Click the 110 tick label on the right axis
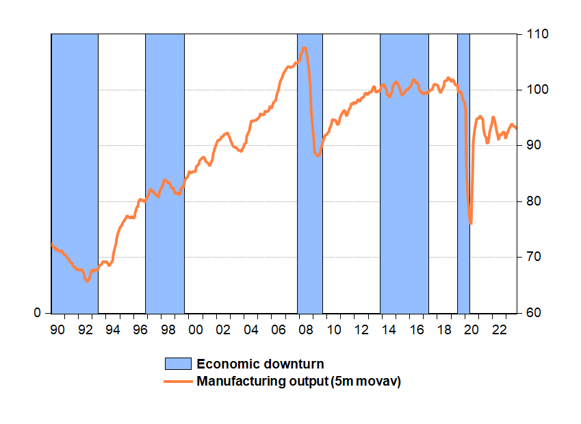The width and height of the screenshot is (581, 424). (537, 34)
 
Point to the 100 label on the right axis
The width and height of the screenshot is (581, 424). (537, 90)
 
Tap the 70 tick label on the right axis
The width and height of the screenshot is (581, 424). (534, 257)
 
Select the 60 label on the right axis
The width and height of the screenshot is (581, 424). (534, 313)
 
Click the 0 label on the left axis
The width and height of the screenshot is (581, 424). (37, 313)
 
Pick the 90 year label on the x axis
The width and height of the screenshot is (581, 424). (57, 329)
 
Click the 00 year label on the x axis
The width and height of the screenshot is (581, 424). (196, 329)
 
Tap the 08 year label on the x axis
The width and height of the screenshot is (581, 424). (306, 329)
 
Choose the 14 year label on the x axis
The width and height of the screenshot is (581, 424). (389, 329)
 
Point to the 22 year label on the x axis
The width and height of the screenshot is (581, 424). (499, 329)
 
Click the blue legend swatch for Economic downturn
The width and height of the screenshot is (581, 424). (178, 364)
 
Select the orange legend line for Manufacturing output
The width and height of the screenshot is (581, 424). (178, 382)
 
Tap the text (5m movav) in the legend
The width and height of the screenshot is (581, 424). (365, 382)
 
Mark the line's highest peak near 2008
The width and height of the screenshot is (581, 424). (305, 48)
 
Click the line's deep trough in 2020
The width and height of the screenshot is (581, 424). (471, 223)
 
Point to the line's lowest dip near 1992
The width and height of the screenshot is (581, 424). (87, 281)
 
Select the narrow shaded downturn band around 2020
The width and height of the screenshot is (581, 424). (463, 173)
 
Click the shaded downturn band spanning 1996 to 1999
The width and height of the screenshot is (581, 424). (165, 173)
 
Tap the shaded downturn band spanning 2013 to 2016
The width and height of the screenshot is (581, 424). (404, 173)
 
